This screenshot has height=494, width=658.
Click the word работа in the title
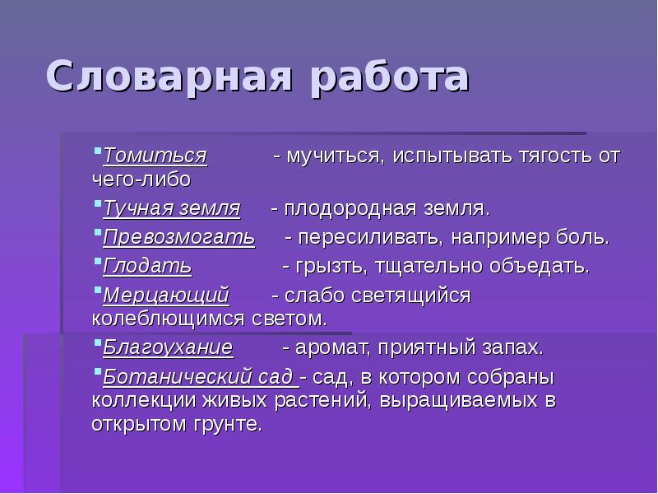tap(386, 78)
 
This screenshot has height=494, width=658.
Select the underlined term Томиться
tap(155, 156)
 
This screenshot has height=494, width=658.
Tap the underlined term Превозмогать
tap(178, 239)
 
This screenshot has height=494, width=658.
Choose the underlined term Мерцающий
tap(166, 296)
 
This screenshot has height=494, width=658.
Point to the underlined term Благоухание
tap(168, 347)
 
